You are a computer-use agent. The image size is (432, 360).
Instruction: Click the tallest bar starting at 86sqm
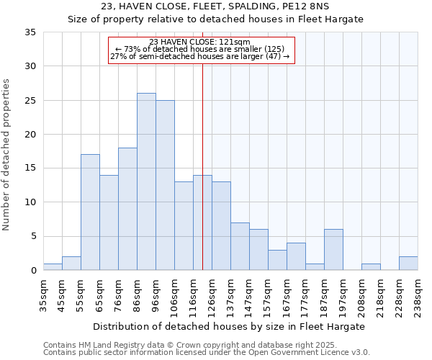point(146,181)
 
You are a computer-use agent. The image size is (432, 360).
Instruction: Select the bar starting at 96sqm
point(165,185)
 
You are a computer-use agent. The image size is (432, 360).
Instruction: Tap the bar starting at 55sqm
point(90,212)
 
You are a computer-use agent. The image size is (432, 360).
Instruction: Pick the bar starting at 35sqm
point(53,266)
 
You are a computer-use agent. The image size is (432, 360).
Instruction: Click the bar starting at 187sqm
point(333,250)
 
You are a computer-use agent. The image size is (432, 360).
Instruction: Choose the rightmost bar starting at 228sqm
point(408,264)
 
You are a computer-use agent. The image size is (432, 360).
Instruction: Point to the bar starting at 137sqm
point(240,246)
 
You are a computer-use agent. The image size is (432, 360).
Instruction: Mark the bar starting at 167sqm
point(296,256)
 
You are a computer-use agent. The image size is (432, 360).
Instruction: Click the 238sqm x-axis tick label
point(418,295)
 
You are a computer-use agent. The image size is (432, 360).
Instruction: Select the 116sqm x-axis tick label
point(193,295)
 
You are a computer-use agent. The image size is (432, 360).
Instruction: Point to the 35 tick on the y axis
point(31,32)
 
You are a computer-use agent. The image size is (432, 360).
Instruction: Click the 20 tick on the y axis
point(31,135)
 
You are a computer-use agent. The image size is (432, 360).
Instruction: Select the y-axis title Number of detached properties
point(8,155)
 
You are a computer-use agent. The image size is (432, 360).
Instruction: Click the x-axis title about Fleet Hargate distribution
point(229,326)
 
